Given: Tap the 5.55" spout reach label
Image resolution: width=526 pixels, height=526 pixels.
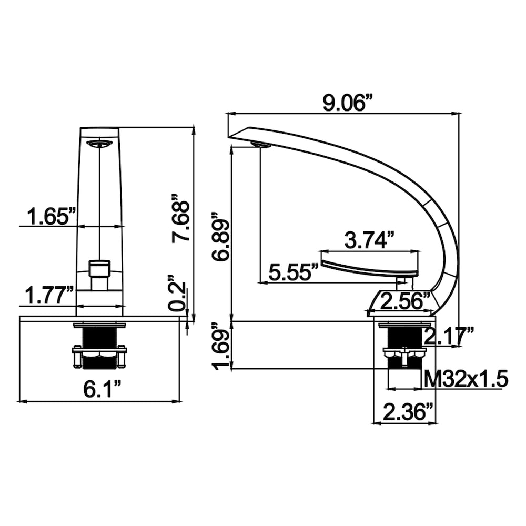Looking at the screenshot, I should [x=293, y=272].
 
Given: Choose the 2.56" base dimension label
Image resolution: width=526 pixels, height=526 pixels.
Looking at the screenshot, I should [x=402, y=302].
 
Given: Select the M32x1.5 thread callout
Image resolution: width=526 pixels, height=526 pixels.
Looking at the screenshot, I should [x=466, y=379].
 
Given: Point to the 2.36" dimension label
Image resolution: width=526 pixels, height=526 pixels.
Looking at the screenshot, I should [x=404, y=412].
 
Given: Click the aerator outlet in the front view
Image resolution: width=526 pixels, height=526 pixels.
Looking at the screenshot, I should [x=99, y=144].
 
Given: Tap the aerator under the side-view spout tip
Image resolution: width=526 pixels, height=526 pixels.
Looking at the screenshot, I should [x=261, y=145].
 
